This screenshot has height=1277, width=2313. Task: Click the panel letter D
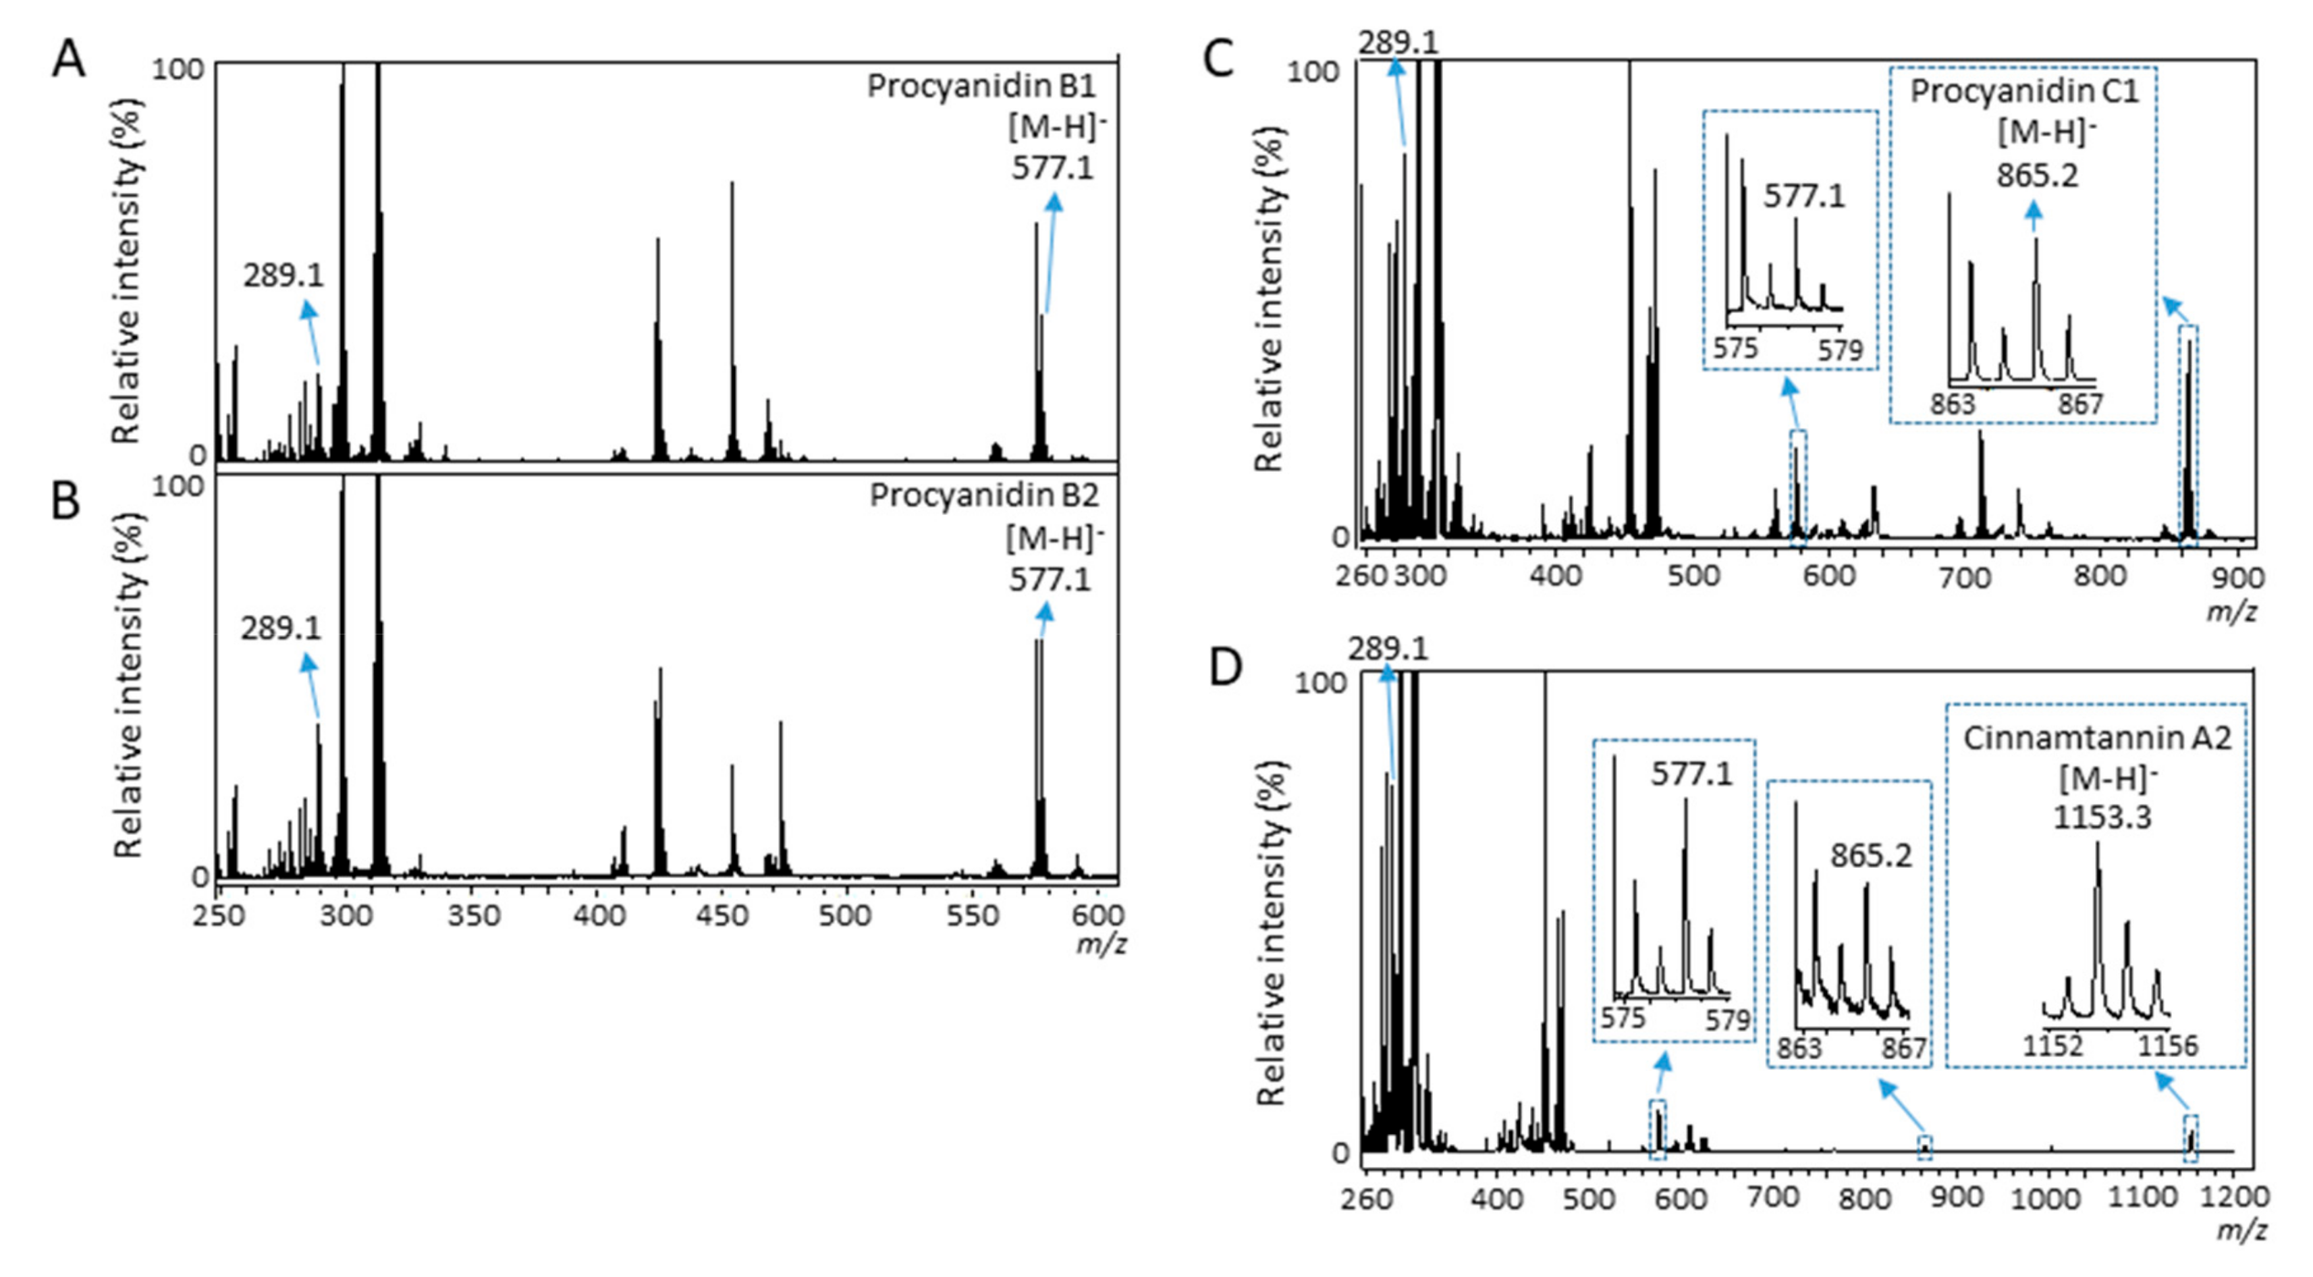click(1226, 668)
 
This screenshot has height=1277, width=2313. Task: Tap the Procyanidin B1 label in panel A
click(981, 87)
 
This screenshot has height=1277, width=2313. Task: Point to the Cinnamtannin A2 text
click(2096, 738)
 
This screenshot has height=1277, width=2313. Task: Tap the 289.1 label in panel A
click(283, 275)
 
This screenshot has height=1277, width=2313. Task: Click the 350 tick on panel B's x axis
click(473, 916)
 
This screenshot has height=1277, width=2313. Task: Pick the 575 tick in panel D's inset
click(1623, 1019)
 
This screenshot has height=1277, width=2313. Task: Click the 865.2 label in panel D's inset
click(1871, 857)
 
